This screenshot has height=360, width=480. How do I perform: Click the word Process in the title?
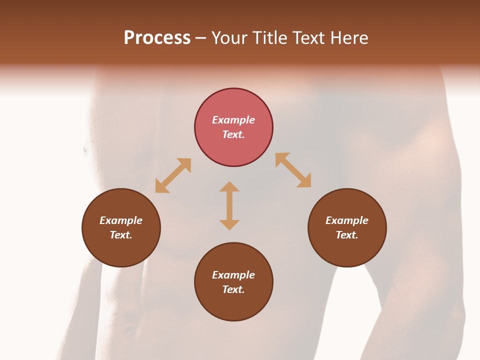click(157, 38)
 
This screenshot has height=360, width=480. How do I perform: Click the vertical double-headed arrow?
click(229, 205)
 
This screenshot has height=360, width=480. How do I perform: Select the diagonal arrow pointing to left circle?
click(173, 175)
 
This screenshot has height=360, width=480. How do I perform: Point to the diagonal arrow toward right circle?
click(293, 170)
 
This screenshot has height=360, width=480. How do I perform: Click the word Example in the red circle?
click(233, 120)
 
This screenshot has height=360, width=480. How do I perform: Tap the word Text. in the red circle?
click(233, 134)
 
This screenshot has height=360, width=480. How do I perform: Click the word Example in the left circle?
click(121, 220)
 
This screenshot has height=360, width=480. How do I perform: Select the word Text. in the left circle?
click(121, 235)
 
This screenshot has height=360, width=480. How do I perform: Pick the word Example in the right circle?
click(347, 220)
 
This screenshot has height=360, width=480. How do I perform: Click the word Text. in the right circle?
click(347, 235)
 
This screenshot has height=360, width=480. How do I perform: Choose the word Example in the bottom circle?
click(233, 275)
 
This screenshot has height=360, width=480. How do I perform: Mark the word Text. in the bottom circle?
click(233, 289)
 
